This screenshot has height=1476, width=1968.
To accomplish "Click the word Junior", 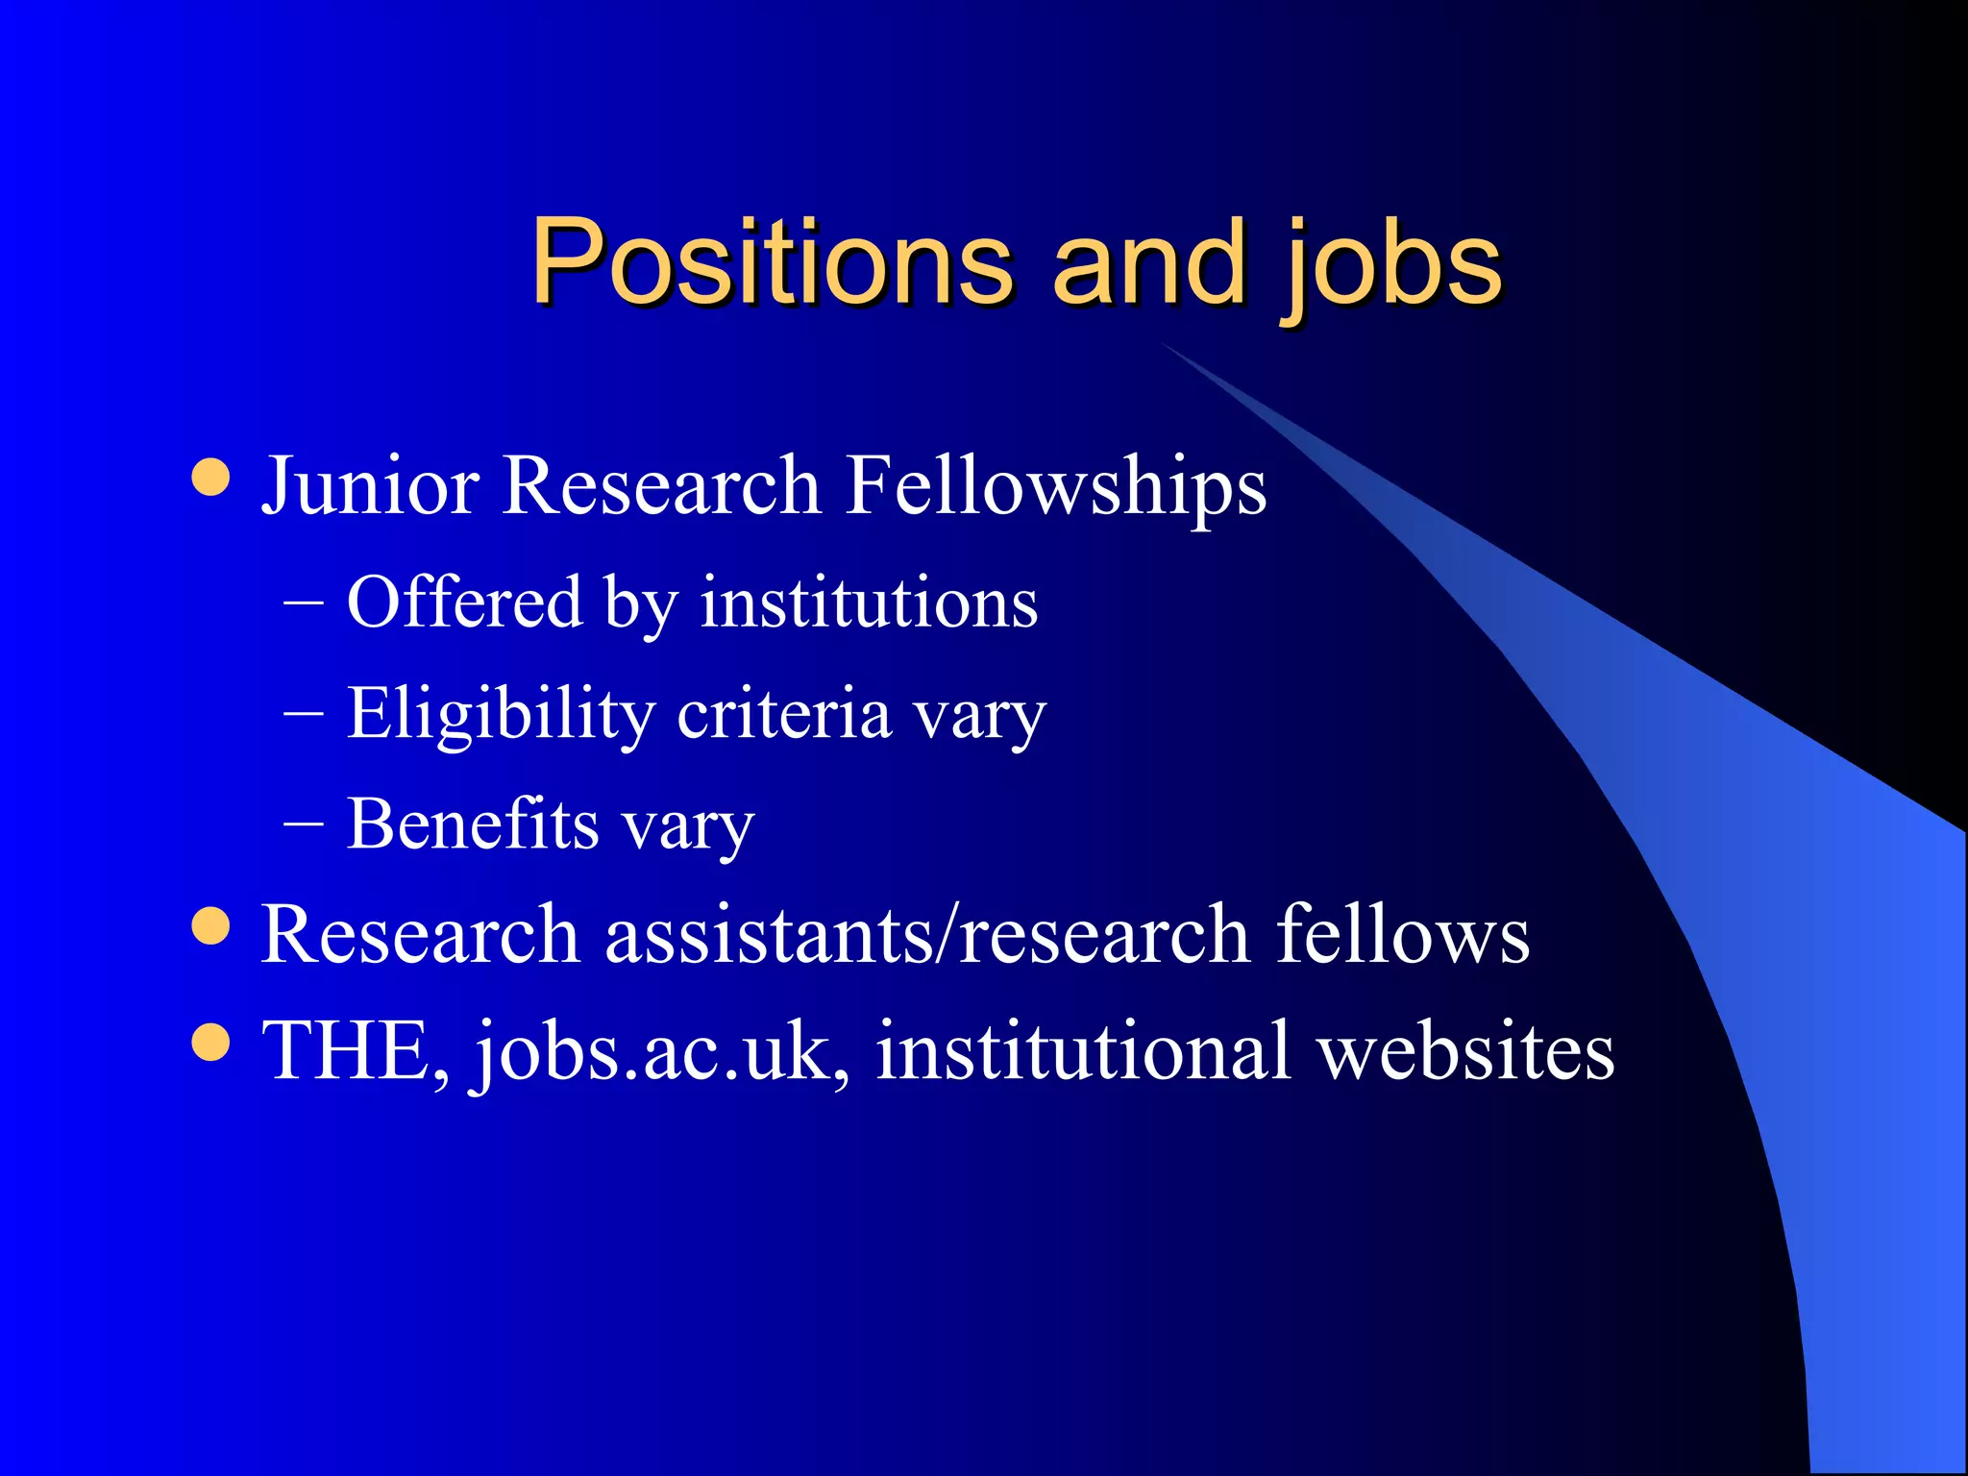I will point(370,485).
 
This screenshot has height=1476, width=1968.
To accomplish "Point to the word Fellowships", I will point(1056,485).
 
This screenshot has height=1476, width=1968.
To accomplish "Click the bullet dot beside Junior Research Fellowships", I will point(210,477).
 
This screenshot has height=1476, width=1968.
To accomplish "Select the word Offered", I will point(464,603).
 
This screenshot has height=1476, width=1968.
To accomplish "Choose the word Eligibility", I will point(500,715).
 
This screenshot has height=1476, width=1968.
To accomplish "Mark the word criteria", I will point(784,715).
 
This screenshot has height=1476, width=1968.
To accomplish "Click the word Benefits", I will point(473,824).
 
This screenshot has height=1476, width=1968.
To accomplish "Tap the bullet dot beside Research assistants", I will point(210,926).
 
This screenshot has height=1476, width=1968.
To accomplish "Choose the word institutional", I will point(1083,1051).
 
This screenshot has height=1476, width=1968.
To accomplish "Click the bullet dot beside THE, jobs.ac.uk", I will point(210,1043).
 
